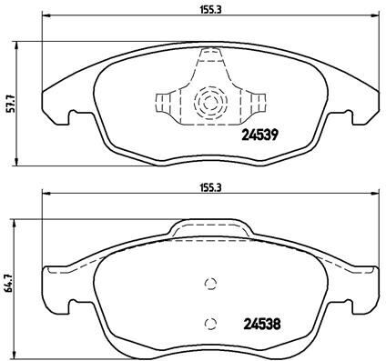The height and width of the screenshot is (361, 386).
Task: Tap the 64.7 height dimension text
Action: point(9,283)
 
